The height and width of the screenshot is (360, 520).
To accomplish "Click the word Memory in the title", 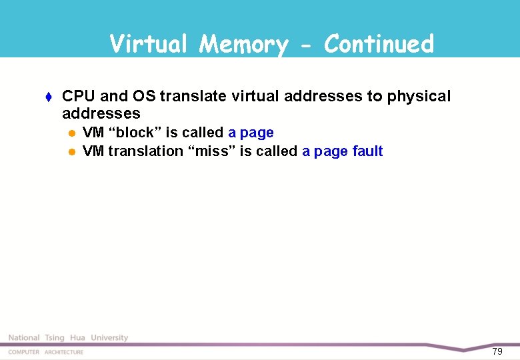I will [243, 45].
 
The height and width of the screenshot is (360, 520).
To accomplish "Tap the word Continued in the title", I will [379, 44].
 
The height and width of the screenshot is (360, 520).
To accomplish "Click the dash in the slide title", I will [306, 45].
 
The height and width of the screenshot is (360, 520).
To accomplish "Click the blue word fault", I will [367, 151].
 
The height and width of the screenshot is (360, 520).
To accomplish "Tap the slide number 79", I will [497, 351].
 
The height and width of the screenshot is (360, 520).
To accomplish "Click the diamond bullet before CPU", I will [51, 97].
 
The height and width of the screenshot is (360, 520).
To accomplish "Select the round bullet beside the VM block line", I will [72, 133].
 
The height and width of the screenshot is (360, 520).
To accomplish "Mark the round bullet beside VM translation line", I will [72, 152].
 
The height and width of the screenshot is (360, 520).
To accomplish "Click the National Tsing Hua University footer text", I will [68, 338].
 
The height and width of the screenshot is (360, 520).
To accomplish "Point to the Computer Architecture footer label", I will [46, 352].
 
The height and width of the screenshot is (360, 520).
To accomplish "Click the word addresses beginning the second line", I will [101, 113].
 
